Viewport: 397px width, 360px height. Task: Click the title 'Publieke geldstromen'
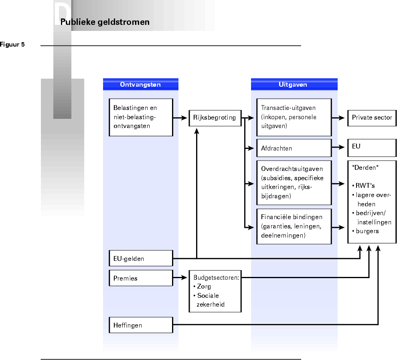(x=105, y=22)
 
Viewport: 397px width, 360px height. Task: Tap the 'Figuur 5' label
(x=12, y=45)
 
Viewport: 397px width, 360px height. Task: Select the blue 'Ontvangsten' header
(x=140, y=84)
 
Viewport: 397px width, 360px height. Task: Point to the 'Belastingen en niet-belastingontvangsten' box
(x=141, y=117)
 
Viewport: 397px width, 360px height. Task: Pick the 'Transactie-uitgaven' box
(x=294, y=117)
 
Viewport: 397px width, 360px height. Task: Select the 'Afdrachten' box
(x=294, y=148)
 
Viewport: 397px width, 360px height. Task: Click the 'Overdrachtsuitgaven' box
(x=294, y=182)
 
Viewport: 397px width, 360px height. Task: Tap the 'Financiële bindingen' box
(x=294, y=226)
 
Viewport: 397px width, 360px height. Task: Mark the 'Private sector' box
(x=372, y=118)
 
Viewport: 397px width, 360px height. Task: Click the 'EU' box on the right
(x=372, y=147)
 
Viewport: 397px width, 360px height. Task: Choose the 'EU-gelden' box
(x=140, y=259)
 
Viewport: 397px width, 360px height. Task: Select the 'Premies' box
(x=140, y=278)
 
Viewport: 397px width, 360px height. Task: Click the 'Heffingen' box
(x=140, y=325)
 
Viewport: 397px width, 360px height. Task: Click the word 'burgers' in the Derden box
(x=367, y=231)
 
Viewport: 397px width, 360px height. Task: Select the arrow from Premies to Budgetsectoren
(x=180, y=278)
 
